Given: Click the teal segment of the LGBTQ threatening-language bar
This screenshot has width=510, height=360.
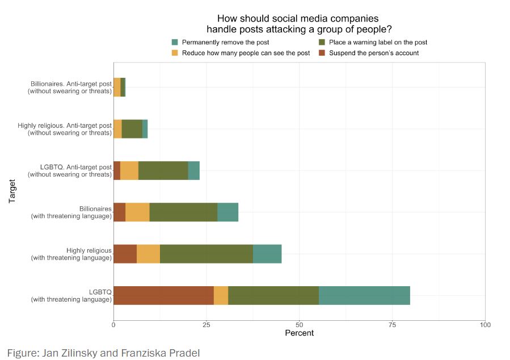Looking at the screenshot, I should point(364,295).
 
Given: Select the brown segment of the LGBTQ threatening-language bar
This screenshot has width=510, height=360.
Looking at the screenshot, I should point(163,295).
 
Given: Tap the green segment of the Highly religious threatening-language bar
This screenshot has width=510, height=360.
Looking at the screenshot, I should point(206,254).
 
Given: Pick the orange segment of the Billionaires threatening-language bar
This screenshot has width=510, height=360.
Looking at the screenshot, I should point(137,212).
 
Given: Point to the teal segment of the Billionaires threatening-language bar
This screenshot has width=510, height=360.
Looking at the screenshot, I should point(227,212).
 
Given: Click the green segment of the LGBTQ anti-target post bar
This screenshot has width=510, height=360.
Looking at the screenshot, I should point(163,170).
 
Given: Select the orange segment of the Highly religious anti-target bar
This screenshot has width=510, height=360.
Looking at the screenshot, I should point(117,129).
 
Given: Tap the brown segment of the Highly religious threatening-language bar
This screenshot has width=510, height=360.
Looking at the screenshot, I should point(125,254).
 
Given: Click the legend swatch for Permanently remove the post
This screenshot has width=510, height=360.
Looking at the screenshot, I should point(175,43).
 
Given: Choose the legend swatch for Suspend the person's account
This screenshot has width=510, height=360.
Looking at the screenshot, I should point(322,53).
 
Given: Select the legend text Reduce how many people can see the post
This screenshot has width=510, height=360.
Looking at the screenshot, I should point(246,53).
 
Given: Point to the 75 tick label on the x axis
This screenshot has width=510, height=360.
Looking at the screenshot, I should point(392,325).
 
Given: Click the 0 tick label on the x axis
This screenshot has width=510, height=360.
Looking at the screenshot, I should point(113,325).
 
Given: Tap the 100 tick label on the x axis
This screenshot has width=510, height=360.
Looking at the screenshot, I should point(485,325).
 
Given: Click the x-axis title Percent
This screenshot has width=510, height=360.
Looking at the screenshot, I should point(299,333).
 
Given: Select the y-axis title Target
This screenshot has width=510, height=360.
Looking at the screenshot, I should point(12,191).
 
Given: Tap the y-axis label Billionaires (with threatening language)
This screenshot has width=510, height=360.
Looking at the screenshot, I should point(71,212).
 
